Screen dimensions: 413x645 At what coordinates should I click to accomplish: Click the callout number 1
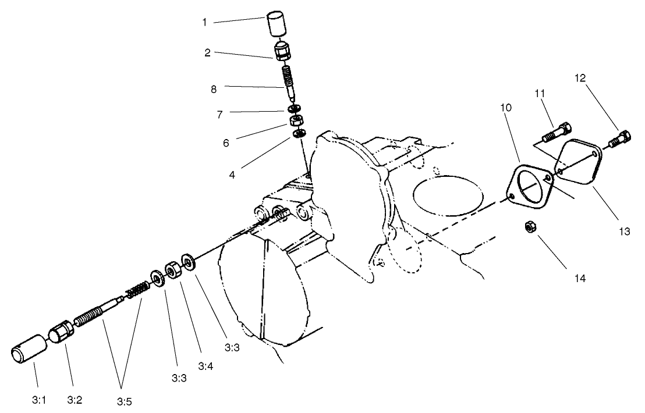click(204, 23)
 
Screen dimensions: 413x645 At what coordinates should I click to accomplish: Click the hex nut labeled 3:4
click(173, 270)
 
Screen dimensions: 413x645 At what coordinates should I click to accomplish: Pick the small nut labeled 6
click(296, 122)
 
